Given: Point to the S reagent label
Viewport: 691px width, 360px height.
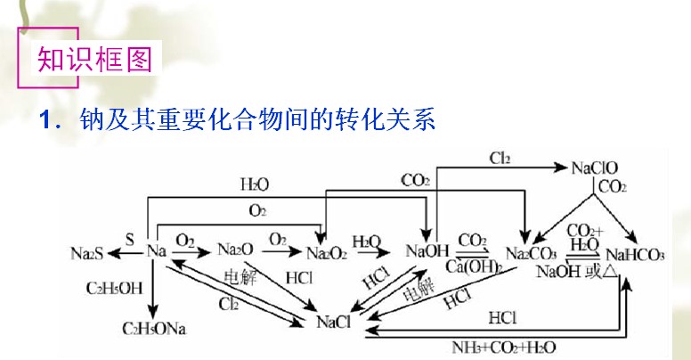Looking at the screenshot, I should click(x=129, y=240).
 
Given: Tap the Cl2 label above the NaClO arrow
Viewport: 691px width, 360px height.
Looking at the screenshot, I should click(x=499, y=159).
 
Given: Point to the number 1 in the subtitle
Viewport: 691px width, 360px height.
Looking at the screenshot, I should click(x=46, y=119).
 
